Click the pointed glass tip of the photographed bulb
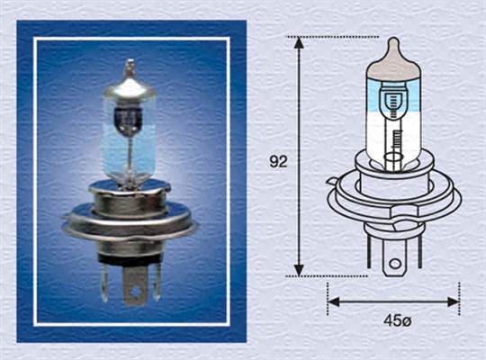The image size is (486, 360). pyautogui.click(x=129, y=65)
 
